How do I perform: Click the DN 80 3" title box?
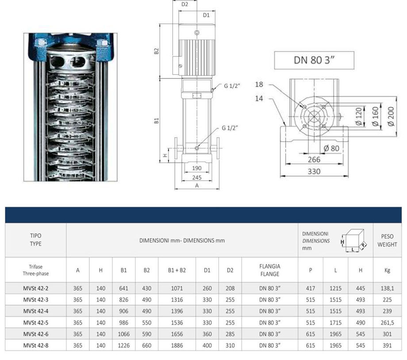coord(314,60)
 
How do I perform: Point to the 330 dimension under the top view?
coord(314,171)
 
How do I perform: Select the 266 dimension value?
coord(314,159)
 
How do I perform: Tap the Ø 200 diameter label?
coord(390,116)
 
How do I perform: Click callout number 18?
coord(259,84)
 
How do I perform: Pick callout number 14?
coord(259,98)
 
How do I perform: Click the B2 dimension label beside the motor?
coord(157,51)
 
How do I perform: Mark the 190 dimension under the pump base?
coord(197,168)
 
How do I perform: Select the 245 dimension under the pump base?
coord(197,177)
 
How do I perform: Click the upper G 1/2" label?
coord(231,86)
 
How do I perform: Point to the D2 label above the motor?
coord(185,4)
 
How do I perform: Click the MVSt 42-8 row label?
coord(36,345)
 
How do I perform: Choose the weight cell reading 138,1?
coord(387,288)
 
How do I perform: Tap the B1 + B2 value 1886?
coord(177,345)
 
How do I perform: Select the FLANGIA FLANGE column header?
coord(269,270)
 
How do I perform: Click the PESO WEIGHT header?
coord(387,240)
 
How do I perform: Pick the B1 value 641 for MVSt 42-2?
coord(124,288)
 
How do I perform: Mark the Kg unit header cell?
coord(387,270)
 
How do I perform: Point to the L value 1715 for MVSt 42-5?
coord(336,322)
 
